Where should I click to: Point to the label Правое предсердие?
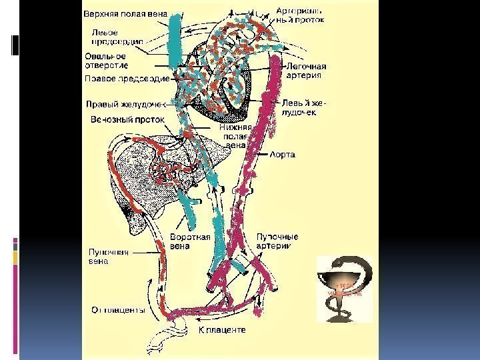123,79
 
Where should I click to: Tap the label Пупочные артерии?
276,241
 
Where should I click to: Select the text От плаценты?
119,309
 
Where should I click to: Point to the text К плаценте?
223,330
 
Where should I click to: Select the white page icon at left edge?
15,44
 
